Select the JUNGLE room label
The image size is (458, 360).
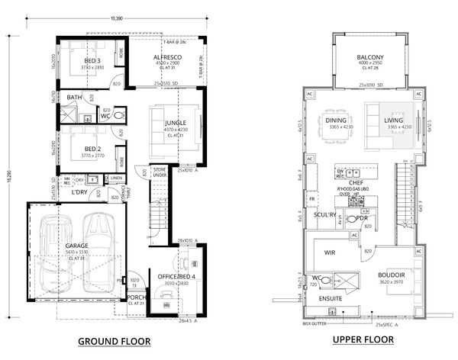[x=176, y=122]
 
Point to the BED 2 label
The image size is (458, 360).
[x=92, y=149]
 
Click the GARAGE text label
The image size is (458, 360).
[x=76, y=246]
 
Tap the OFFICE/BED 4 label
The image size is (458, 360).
[x=176, y=275]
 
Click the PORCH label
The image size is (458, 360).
[x=137, y=297]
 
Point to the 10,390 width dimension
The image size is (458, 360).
[x=117, y=16]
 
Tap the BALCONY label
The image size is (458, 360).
[x=369, y=58]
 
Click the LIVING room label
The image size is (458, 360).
[x=395, y=121]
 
